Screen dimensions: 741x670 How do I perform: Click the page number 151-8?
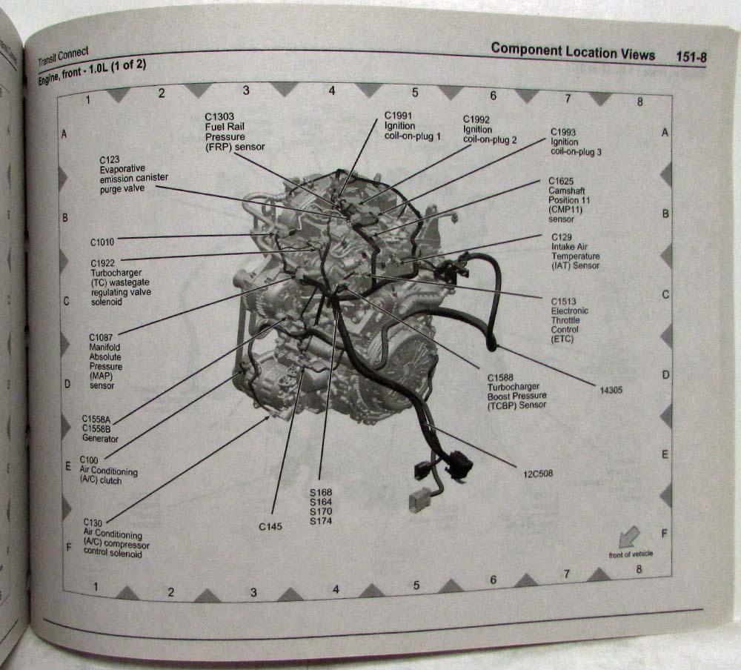pyautogui.click(x=691, y=57)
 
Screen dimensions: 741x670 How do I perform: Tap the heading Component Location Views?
pyautogui.click(x=573, y=52)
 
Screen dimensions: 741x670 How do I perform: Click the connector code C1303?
pyautogui.click(x=219, y=116)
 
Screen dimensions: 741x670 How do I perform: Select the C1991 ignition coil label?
pyautogui.click(x=398, y=116)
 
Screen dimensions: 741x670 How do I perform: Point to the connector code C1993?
pyautogui.click(x=563, y=132)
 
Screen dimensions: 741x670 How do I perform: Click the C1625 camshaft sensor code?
pyautogui.click(x=561, y=181)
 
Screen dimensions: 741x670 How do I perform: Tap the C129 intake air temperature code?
pyautogui.click(x=562, y=237)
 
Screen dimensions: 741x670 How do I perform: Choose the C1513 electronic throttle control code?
pyautogui.click(x=563, y=301)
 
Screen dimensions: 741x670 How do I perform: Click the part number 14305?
pyautogui.click(x=611, y=390)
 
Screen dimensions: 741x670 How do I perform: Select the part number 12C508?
pyautogui.click(x=538, y=474)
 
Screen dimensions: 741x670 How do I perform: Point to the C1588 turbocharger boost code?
pyautogui.click(x=500, y=378)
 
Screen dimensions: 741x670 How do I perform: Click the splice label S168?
pyautogui.click(x=321, y=492)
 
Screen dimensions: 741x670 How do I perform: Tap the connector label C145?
pyautogui.click(x=270, y=526)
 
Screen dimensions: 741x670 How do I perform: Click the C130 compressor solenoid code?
pyautogui.click(x=93, y=523)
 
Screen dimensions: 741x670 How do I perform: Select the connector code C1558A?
pyautogui.click(x=96, y=419)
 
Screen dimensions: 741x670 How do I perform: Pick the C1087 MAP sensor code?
pyautogui.click(x=101, y=337)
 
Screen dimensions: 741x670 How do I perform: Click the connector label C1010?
pyautogui.click(x=102, y=242)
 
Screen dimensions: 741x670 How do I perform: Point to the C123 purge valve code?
pyautogui.click(x=110, y=159)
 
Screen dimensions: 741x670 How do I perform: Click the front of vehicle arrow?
pyautogui.click(x=628, y=537)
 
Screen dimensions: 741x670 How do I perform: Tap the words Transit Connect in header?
pyautogui.click(x=63, y=57)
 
